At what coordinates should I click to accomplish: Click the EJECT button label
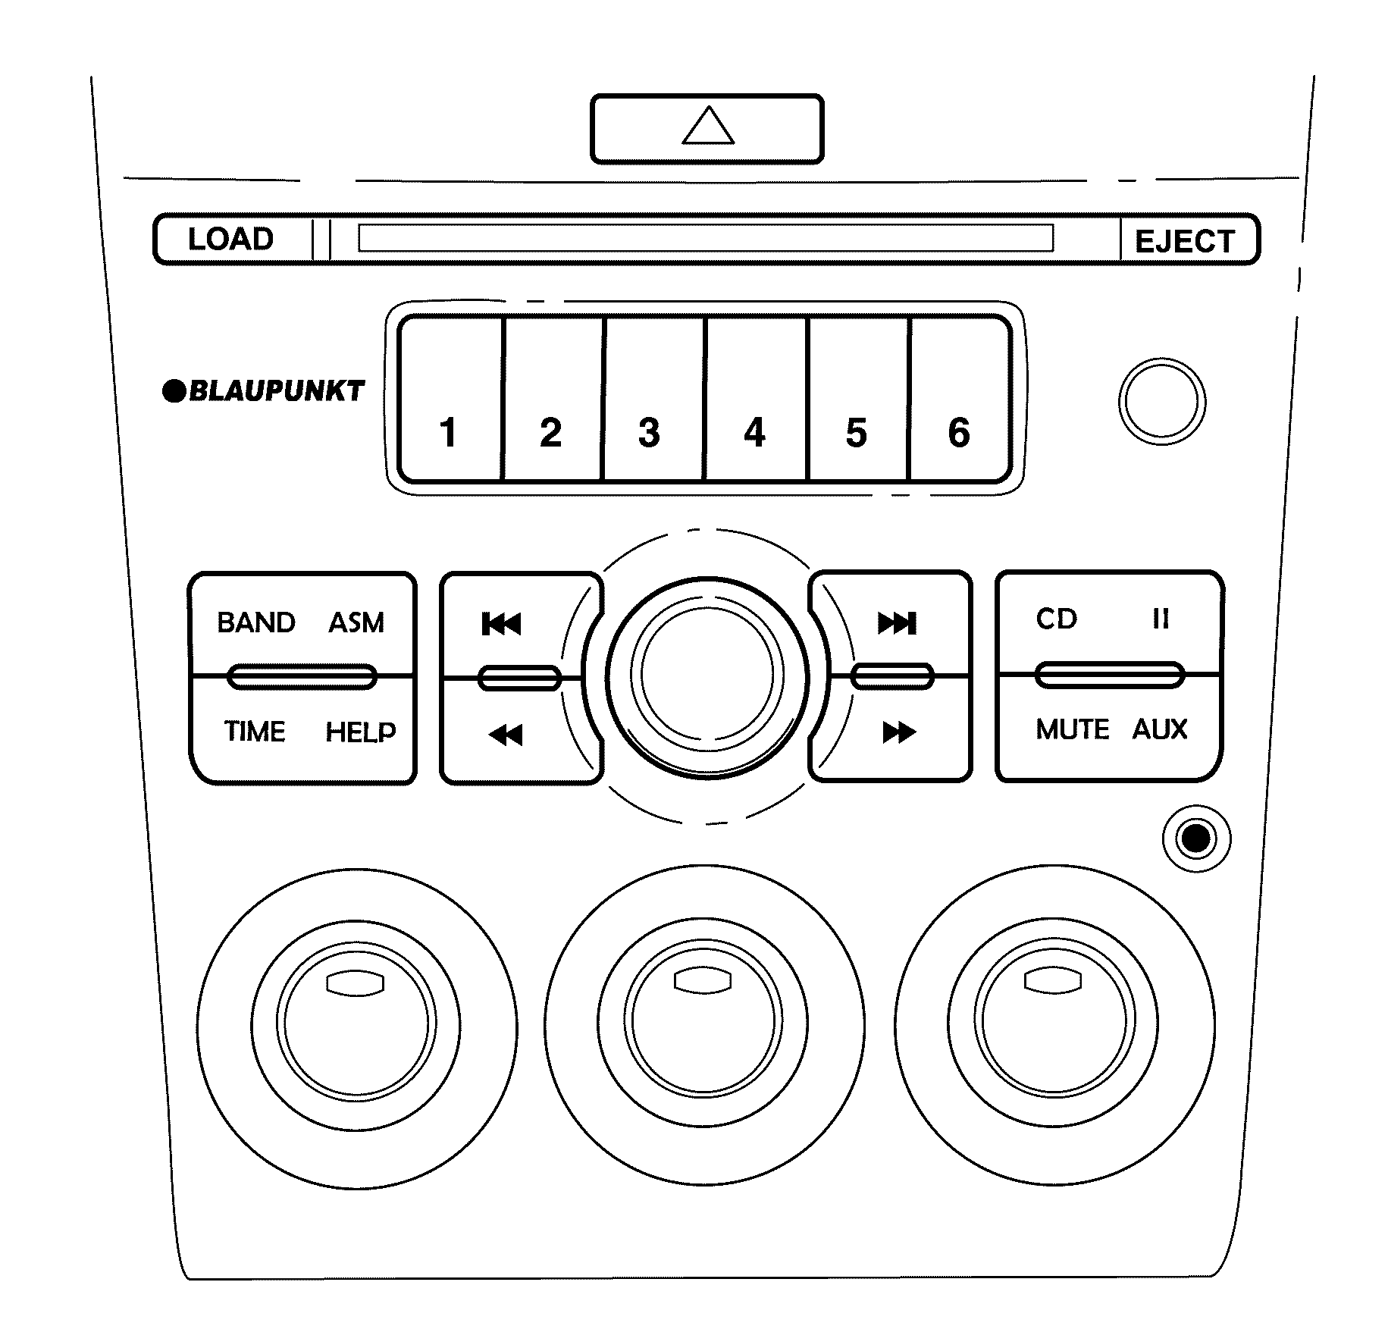[1184, 242]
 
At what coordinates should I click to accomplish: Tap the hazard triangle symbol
[707, 127]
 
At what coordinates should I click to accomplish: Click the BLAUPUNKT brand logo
[264, 391]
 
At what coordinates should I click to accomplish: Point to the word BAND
[255, 622]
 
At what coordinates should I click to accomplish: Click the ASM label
[356, 622]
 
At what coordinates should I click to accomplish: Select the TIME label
[255, 732]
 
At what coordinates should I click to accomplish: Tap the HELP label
[361, 732]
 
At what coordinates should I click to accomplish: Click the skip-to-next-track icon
[898, 623]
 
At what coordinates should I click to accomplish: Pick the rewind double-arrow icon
[506, 734]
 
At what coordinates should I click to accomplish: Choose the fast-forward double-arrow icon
[899, 732]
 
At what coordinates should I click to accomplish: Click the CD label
[1057, 619]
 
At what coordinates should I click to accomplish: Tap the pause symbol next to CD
[1161, 619]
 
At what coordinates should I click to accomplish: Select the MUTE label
[1072, 729]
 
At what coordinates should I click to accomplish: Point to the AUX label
[1159, 729]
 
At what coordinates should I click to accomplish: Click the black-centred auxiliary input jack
[1196, 839]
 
